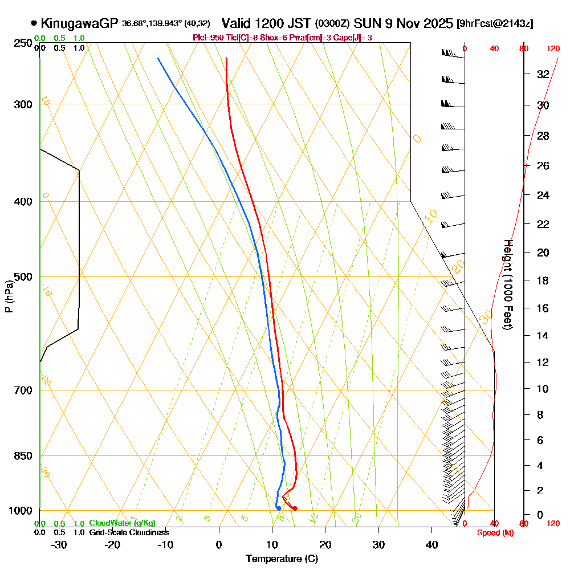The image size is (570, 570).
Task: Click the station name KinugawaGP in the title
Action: click(x=79, y=23)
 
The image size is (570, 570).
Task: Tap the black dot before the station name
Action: click(x=34, y=23)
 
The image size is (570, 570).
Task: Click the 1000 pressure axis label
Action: click(x=21, y=511)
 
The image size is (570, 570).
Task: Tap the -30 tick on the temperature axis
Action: click(x=59, y=544)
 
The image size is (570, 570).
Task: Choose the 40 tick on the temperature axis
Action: click(x=431, y=544)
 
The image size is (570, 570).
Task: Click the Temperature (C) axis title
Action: click(x=282, y=559)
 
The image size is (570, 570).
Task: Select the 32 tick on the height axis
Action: click(x=543, y=74)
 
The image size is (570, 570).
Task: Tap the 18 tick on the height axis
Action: click(x=543, y=280)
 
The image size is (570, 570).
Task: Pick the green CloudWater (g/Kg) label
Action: click(x=122, y=523)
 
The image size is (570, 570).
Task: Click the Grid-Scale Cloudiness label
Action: click(x=129, y=532)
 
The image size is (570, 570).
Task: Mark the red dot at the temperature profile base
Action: click(x=295, y=508)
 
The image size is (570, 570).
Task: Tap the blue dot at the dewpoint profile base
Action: click(x=278, y=508)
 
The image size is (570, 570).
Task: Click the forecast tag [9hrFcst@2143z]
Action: click(x=495, y=24)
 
